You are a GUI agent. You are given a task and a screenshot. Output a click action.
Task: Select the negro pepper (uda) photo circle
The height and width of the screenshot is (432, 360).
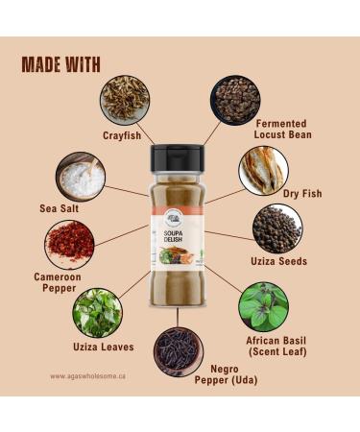tap(178, 349)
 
